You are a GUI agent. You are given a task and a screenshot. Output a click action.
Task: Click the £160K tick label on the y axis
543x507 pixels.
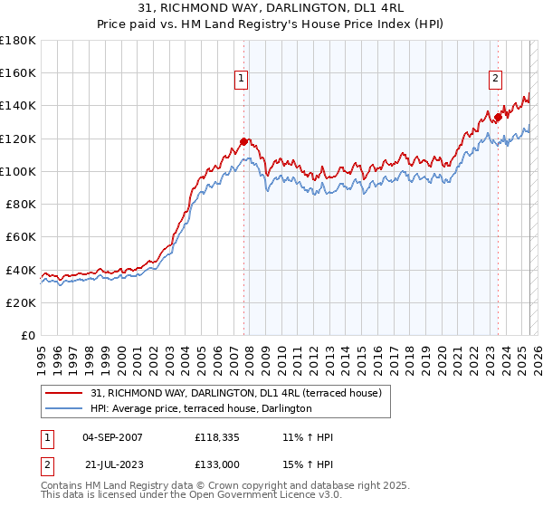click(x=18, y=72)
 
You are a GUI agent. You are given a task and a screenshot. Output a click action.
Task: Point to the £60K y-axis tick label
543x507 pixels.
click(x=21, y=236)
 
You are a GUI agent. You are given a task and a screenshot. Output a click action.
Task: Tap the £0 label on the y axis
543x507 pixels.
click(x=29, y=335)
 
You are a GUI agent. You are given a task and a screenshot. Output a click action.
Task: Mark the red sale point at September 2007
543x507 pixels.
click(x=243, y=141)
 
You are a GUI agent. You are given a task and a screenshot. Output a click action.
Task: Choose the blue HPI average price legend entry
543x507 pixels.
click(x=201, y=409)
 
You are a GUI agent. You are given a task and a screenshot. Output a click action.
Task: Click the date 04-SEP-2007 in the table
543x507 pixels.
click(x=112, y=437)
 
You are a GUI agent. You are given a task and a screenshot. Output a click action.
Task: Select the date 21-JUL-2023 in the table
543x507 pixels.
click(x=112, y=464)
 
